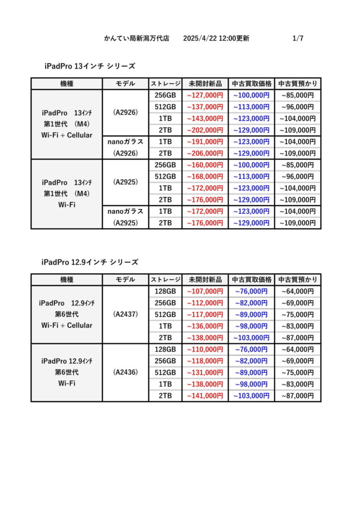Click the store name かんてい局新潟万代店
pos(137,38)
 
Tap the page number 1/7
pos(298,38)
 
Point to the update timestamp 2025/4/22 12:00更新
pos(216,38)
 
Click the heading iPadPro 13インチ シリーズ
pos(90,66)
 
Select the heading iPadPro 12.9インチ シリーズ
pos(90,262)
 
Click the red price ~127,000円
pos(205,95)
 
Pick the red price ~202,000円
pos(205,130)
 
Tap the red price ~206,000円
pos(205,154)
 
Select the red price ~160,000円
pos(205,165)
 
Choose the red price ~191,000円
pos(205,142)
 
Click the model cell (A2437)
pos(125,314)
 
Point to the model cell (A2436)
pos(125,372)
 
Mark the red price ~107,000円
pos(205,291)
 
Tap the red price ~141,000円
pos(205,396)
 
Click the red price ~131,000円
pos(205,372)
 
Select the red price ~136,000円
pos(205,326)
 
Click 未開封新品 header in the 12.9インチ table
pos(205,279)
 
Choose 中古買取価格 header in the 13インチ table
pos(252,84)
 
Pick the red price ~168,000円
pos(205,176)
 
